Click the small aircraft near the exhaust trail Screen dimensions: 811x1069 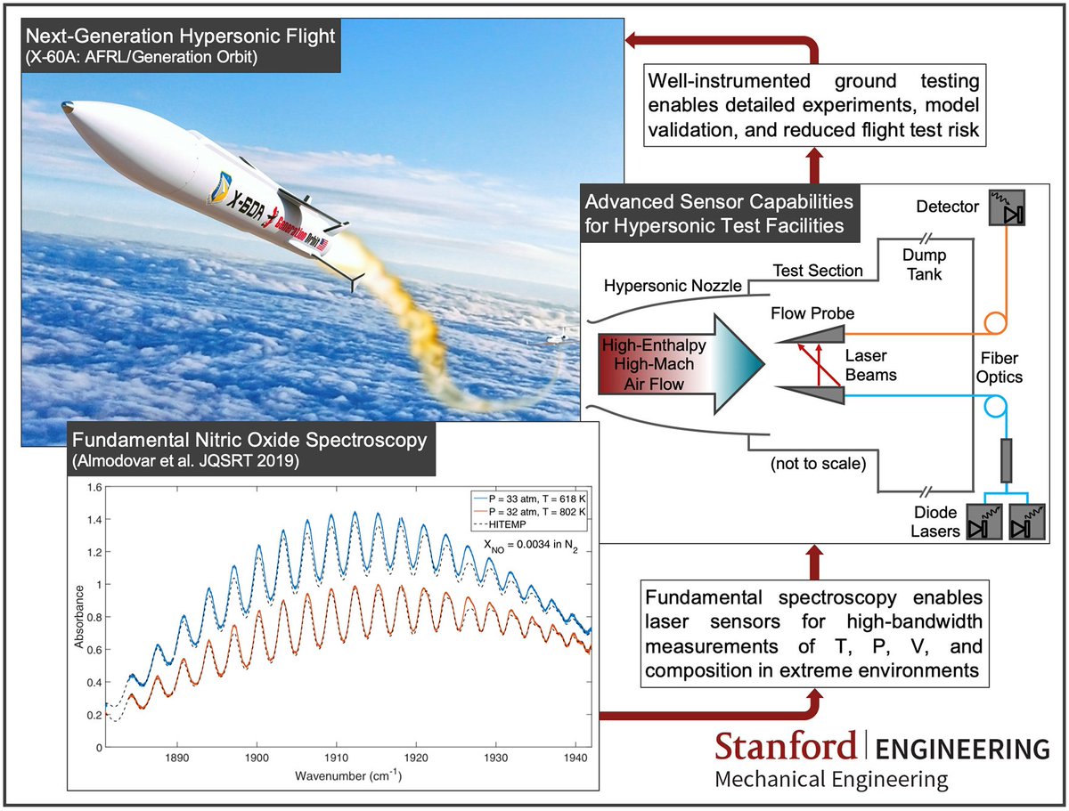pyautogui.click(x=558, y=339)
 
